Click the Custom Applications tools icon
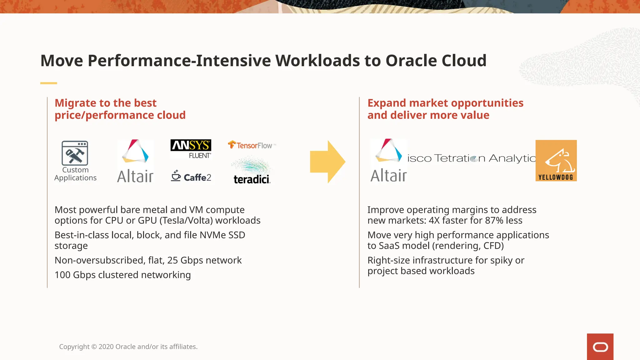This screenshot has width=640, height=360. point(75,153)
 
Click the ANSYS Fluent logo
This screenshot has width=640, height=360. point(191,149)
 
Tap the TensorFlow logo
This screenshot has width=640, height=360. point(252,145)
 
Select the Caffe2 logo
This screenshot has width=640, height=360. point(191,177)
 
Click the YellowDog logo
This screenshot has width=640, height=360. point(556,161)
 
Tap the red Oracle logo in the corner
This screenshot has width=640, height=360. point(600,347)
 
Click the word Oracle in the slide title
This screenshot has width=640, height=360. point(411,61)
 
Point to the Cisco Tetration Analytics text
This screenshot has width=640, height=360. point(471,158)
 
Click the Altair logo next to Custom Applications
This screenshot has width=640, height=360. point(135,161)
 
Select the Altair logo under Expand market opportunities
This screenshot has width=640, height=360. point(388,161)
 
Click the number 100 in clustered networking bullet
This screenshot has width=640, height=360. point(62,275)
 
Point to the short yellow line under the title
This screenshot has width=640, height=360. point(48,83)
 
